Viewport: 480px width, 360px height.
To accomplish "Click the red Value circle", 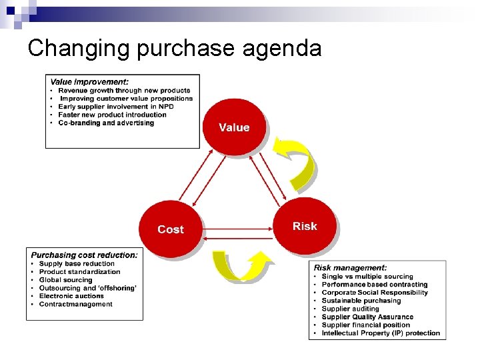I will [234, 127].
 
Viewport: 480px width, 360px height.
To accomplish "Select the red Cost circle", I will [170, 229].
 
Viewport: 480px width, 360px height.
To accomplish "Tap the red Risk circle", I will [305, 226].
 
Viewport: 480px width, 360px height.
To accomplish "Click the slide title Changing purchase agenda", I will [175, 48].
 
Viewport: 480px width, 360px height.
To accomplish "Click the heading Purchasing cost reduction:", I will [85, 255].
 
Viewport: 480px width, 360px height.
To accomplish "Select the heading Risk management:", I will [350, 267].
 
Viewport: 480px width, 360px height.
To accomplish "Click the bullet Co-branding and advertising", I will [106, 123].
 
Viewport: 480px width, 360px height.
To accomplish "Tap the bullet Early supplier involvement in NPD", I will [112, 107].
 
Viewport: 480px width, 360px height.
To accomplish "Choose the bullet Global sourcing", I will [65, 280].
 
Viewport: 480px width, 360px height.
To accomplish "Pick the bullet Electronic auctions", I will [71, 296].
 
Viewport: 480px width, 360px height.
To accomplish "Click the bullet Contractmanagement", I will [76, 304].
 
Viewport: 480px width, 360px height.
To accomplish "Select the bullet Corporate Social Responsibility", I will [375, 293].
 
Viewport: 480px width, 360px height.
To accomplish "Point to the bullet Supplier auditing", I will [350, 309].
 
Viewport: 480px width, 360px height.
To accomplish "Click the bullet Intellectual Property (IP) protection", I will [381, 333].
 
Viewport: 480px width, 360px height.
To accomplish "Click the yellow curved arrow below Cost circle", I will [240, 265].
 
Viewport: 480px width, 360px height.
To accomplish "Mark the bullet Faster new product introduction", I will [112, 115].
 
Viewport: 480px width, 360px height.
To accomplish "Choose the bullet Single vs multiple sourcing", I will [367, 276].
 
